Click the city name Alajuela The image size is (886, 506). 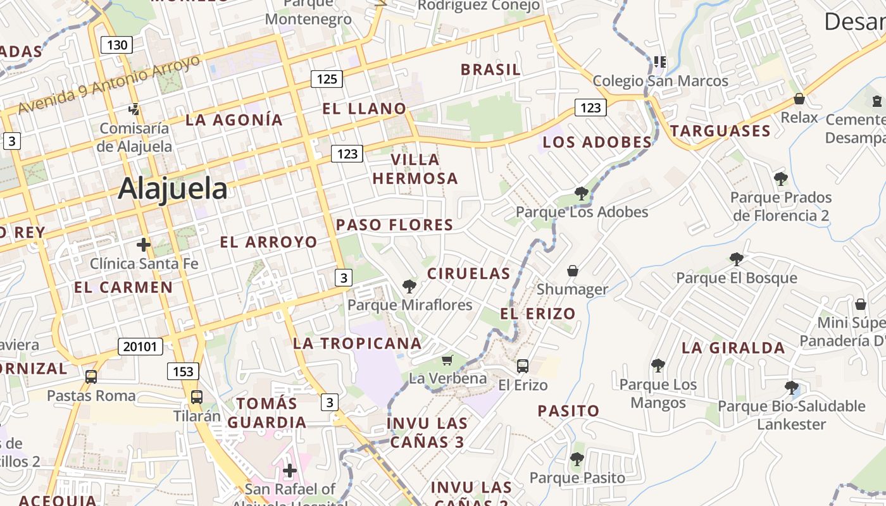pyautogui.click(x=172, y=188)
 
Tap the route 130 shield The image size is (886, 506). pyautogui.click(x=116, y=45)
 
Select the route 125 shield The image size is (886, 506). pyautogui.click(x=327, y=79)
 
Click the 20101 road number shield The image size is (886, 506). pyautogui.click(x=140, y=347)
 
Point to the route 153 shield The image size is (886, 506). pyautogui.click(x=184, y=371)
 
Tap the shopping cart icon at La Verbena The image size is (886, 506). pyautogui.click(x=447, y=360)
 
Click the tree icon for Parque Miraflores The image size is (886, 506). pyautogui.click(x=409, y=286)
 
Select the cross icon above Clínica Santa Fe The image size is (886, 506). pyautogui.click(x=144, y=244)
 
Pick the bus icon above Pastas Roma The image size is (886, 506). pyautogui.click(x=91, y=377)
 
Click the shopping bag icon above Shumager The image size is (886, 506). pyautogui.click(x=573, y=271)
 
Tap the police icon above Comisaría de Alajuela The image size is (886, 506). pyautogui.click(x=134, y=109)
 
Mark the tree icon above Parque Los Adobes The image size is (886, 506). pyautogui.click(x=581, y=193)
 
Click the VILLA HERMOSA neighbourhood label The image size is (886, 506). pyautogui.click(x=415, y=169)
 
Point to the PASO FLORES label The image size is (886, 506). pyautogui.click(x=394, y=225)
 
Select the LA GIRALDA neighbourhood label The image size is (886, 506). pyautogui.click(x=733, y=348)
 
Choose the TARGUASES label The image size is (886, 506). pyautogui.click(x=720, y=132)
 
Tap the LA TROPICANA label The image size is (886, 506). pyautogui.click(x=357, y=343)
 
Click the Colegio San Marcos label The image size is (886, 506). pyautogui.click(x=660, y=81)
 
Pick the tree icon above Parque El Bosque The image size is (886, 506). pyautogui.click(x=736, y=258)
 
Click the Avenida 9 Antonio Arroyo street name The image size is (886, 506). pyautogui.click(x=109, y=85)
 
